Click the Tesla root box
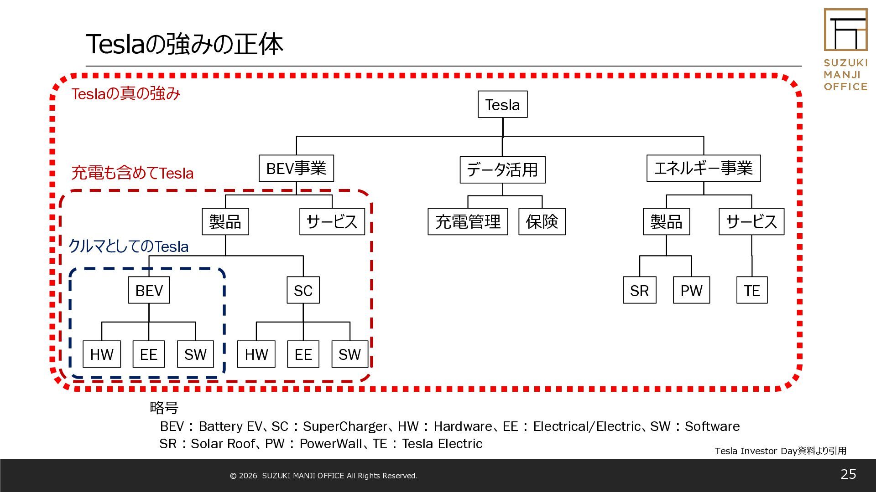pyautogui.click(x=502, y=104)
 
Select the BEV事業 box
pyautogui.click(x=296, y=168)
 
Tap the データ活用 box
pyautogui.click(x=502, y=169)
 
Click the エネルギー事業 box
pyautogui.click(x=703, y=168)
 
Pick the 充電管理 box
pyautogui.click(x=468, y=221)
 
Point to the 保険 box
pyautogui.click(x=542, y=221)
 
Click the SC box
pyautogui.click(x=303, y=290)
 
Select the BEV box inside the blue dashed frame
pyautogui.click(x=149, y=290)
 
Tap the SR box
pyautogui.click(x=639, y=290)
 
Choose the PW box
pyautogui.click(x=691, y=290)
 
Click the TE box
pyautogui.click(x=752, y=290)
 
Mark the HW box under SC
pyautogui.click(x=256, y=354)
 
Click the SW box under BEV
pyautogui.click(x=195, y=354)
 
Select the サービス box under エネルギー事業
pyautogui.click(x=751, y=221)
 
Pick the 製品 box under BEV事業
pyautogui.click(x=225, y=221)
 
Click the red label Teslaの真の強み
pyautogui.click(x=126, y=93)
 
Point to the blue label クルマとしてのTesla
pyautogui.click(x=128, y=246)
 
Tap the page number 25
pyautogui.click(x=848, y=474)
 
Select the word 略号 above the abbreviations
pyautogui.click(x=164, y=407)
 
